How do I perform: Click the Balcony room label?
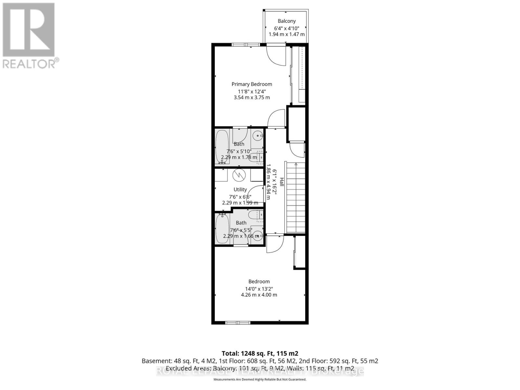pos(287,21)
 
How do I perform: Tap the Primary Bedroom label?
pos(252,84)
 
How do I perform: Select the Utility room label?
pos(240,189)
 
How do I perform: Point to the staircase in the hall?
pos(296,198)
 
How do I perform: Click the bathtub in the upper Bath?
pos(223,147)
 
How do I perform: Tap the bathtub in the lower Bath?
pos(223,227)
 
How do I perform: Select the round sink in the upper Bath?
pos(258,136)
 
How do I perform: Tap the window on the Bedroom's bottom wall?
pos(238,322)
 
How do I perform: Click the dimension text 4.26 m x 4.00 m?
pos(259,295)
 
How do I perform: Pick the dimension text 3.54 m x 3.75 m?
pos(252,97)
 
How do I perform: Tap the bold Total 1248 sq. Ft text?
pos(260,353)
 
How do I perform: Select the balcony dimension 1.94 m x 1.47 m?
pos(287,34)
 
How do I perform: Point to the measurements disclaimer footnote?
pos(260,379)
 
